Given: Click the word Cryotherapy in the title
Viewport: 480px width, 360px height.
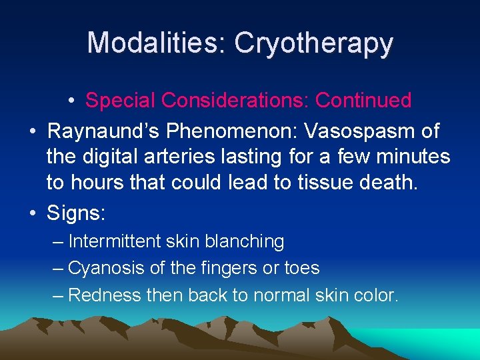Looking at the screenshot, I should click(313, 43).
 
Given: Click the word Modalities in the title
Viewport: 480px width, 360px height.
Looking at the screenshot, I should click(154, 43).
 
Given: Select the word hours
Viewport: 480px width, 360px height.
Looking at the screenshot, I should click(99, 185).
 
